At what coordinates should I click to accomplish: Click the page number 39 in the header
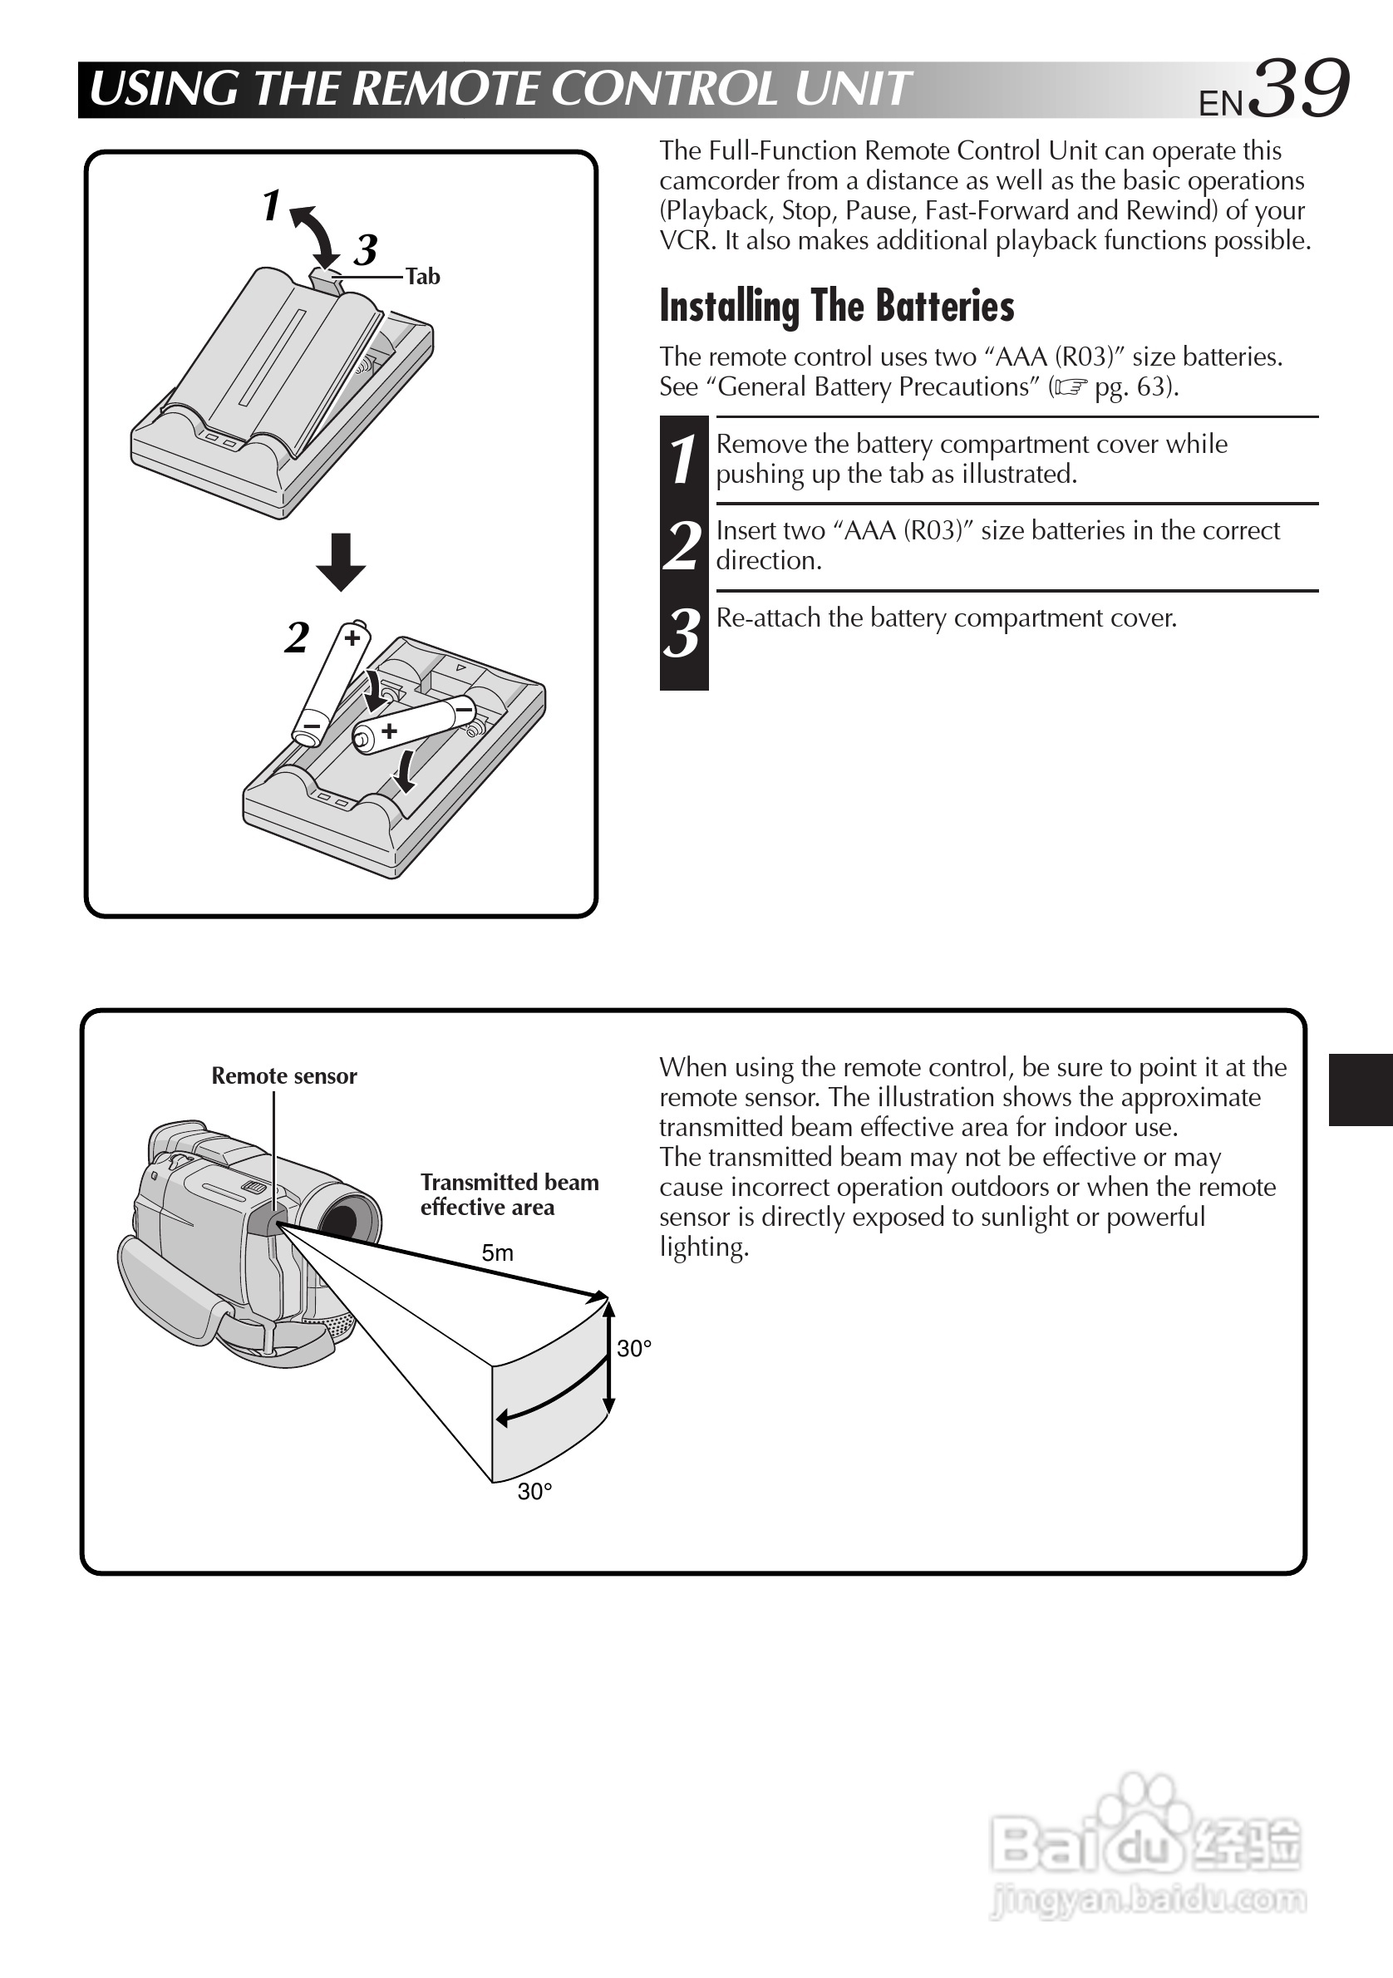[1298, 89]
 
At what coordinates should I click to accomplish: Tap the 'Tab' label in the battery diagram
[422, 277]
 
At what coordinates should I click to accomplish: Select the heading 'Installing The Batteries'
[836, 306]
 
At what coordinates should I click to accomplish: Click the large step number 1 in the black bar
[683, 459]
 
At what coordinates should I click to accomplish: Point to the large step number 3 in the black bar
[683, 634]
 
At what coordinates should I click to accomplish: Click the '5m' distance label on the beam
[497, 1253]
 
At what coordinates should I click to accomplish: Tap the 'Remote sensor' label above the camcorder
[283, 1076]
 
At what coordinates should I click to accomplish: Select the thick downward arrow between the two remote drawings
[341, 562]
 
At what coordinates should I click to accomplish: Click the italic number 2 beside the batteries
[297, 638]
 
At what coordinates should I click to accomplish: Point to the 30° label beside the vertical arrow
[634, 1349]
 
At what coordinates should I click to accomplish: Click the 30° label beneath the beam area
[534, 1492]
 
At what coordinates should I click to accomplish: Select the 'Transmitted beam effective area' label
[509, 1194]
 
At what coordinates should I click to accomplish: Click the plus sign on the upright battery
[352, 638]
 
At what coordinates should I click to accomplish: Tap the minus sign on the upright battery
[310, 727]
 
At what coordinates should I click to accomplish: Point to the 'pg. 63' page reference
[1131, 386]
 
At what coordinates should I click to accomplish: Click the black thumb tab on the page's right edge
[1361, 1089]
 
